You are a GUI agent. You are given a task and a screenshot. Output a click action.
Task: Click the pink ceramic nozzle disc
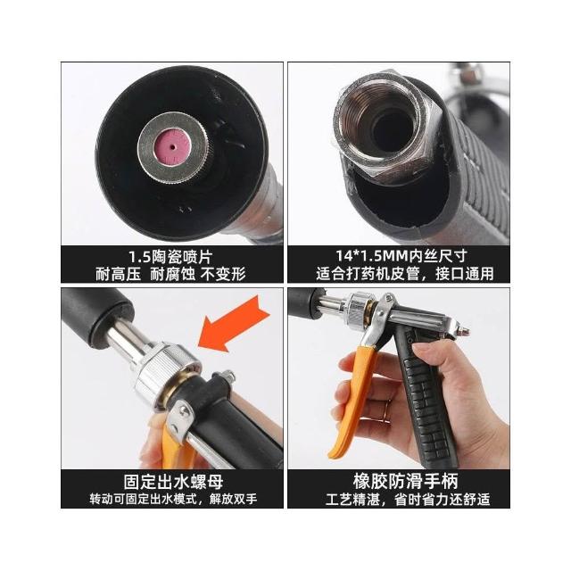172,147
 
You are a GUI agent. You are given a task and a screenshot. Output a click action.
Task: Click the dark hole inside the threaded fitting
392,131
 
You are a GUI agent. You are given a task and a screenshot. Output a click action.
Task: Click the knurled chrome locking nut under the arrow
166,373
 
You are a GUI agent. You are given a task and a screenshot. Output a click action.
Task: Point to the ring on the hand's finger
388,405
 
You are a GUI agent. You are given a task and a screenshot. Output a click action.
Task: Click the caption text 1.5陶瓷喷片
170,257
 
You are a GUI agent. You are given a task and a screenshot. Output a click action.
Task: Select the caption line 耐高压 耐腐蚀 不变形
170,274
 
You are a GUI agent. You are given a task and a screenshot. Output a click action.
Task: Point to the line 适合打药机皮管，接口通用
404,274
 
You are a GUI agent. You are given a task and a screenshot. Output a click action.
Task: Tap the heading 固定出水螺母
173,482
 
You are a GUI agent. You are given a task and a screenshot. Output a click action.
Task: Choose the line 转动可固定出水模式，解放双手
173,499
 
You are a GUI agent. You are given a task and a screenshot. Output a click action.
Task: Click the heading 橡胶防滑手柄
405,481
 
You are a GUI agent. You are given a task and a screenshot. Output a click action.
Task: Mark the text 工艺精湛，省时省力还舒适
408,500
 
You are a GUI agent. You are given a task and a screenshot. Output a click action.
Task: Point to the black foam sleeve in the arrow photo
95,318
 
